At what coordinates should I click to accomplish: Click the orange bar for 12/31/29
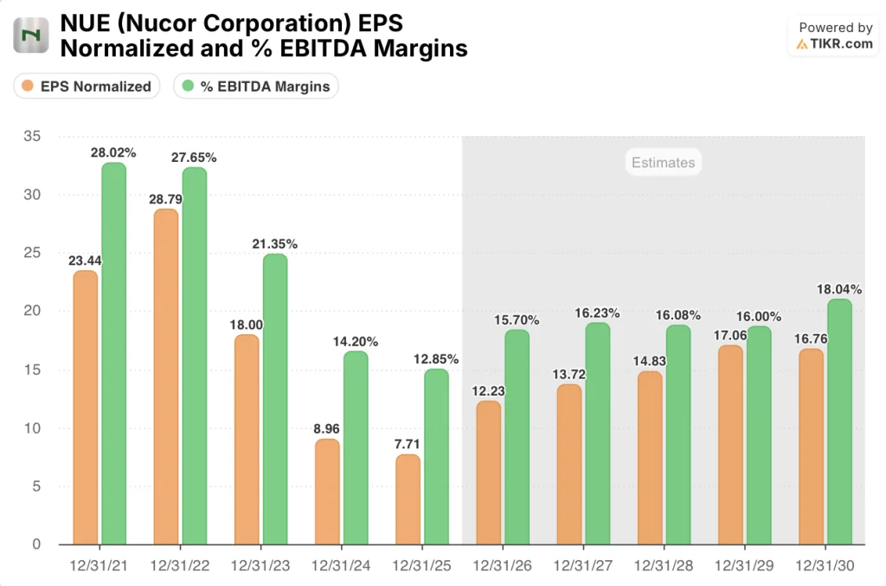(x=730, y=445)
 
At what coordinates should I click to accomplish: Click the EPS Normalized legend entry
(x=87, y=86)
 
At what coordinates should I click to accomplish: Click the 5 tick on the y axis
(x=35, y=486)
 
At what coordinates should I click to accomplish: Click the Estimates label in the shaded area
(x=663, y=163)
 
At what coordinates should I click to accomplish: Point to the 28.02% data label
(x=113, y=152)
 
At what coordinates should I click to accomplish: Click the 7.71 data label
(x=408, y=443)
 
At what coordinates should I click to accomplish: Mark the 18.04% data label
(x=838, y=288)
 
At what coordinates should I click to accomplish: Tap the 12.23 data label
(x=488, y=390)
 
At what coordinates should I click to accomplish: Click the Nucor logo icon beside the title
(x=32, y=35)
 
